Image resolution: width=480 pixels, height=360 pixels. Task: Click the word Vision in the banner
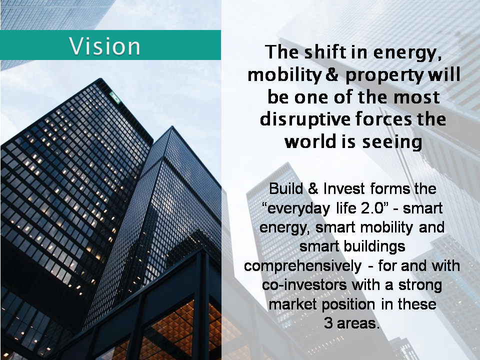(104, 46)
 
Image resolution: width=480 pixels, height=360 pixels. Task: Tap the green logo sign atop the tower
(115, 97)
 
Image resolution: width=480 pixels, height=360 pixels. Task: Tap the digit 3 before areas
(328, 323)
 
